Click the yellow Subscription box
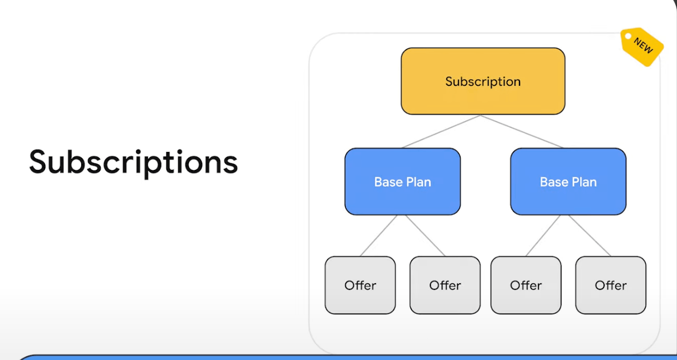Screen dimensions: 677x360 click(x=483, y=81)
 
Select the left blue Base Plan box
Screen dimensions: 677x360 click(x=402, y=182)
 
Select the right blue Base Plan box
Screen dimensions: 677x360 click(x=568, y=182)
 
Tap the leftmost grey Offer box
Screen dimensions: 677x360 click(x=360, y=285)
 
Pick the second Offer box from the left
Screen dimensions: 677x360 click(x=445, y=285)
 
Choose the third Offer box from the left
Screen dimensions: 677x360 click(x=526, y=285)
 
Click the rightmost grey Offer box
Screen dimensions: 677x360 click(x=611, y=285)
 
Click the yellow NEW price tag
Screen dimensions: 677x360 click(x=642, y=47)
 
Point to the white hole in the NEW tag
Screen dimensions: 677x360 click(x=628, y=36)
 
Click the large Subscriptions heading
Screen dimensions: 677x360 click(x=133, y=163)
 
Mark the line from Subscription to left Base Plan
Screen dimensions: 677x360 click(x=441, y=131)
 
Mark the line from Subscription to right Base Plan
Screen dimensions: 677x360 click(x=522, y=131)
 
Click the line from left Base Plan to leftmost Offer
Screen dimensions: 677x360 click(x=379, y=236)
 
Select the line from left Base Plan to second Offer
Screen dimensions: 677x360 click(x=425, y=236)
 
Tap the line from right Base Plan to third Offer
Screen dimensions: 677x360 click(x=543, y=236)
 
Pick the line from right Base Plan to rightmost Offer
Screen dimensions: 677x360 click(x=590, y=236)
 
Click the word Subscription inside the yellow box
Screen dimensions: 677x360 click(x=483, y=82)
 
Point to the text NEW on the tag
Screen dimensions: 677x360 click(x=643, y=45)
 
